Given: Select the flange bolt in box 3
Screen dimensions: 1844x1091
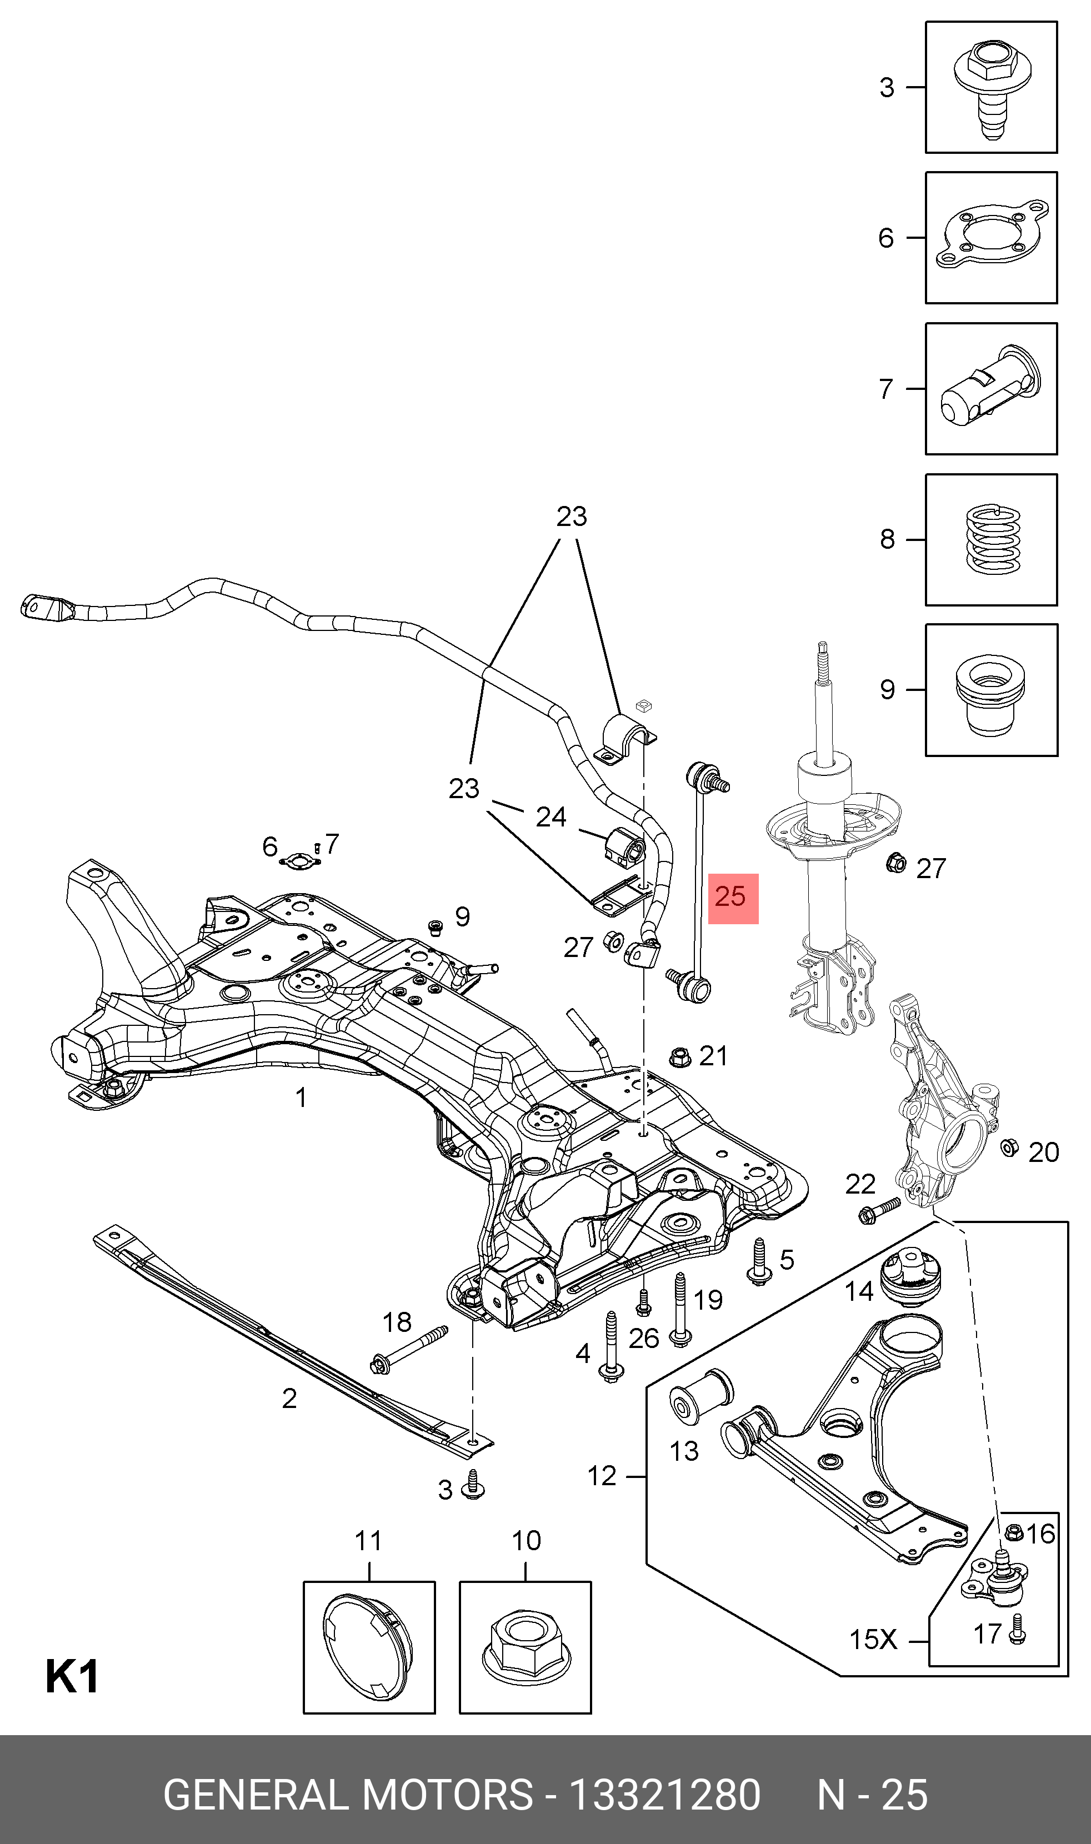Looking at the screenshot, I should click(x=991, y=88).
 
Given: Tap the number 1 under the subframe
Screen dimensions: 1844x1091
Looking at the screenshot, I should click(x=301, y=1098).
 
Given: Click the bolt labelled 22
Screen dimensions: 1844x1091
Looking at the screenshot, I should click(x=879, y=1210).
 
